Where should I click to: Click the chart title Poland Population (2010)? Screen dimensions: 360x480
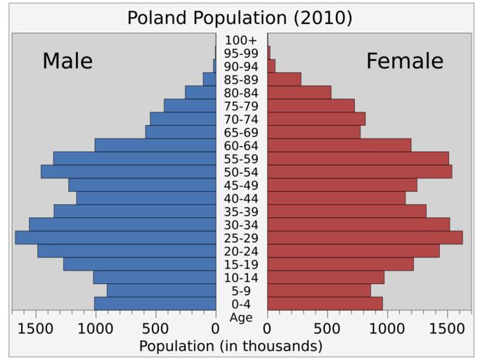(x=240, y=17)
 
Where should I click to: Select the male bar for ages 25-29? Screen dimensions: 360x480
(x=115, y=238)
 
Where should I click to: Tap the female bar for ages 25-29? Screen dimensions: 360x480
(x=365, y=238)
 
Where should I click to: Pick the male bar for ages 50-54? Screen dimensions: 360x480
(x=128, y=172)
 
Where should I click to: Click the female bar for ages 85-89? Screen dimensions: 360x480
(x=284, y=79)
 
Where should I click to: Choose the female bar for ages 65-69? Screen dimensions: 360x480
(x=313, y=132)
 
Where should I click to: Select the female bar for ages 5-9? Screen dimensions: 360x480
(x=319, y=290)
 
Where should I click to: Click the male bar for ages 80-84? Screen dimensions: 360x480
(x=200, y=93)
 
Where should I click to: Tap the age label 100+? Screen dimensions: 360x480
(x=241, y=40)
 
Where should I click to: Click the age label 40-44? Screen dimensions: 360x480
(x=241, y=198)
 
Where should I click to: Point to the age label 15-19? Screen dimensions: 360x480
(x=241, y=264)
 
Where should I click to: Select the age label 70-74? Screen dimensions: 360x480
(x=241, y=120)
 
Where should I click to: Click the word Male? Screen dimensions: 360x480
(x=67, y=61)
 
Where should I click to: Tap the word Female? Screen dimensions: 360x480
(x=405, y=61)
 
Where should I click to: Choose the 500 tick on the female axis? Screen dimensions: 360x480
(x=327, y=328)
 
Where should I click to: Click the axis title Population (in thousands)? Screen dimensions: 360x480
(x=231, y=346)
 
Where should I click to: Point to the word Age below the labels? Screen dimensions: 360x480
(x=241, y=317)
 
